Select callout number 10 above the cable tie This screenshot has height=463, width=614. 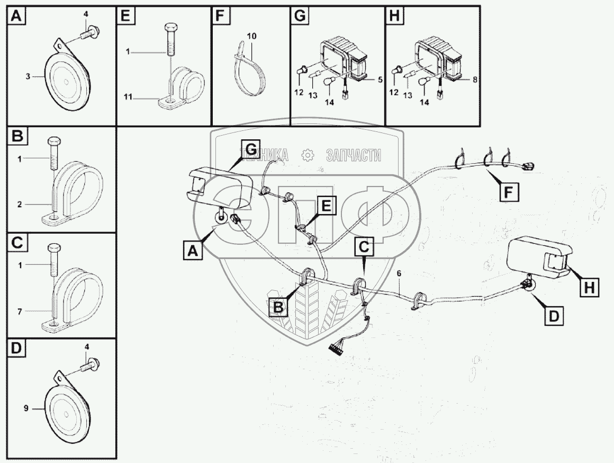251,36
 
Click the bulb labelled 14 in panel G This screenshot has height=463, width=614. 328,82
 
